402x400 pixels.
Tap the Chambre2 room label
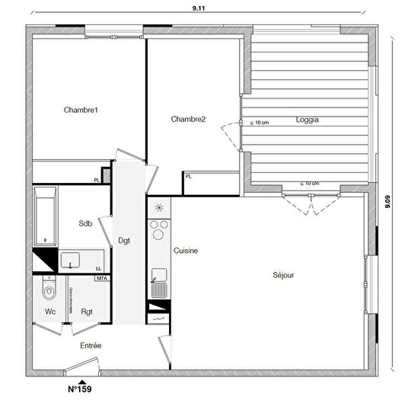point(188,119)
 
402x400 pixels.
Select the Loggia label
point(307,120)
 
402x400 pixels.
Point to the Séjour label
point(283,275)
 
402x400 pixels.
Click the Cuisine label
point(187,251)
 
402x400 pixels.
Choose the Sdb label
point(85,223)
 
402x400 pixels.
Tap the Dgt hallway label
point(124,241)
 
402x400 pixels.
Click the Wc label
point(50,312)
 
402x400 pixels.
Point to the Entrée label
point(91,346)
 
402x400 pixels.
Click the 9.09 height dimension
point(389,203)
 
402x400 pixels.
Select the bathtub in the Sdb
point(45,216)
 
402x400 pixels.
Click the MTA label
point(101,279)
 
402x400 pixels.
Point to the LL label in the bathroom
point(99,268)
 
